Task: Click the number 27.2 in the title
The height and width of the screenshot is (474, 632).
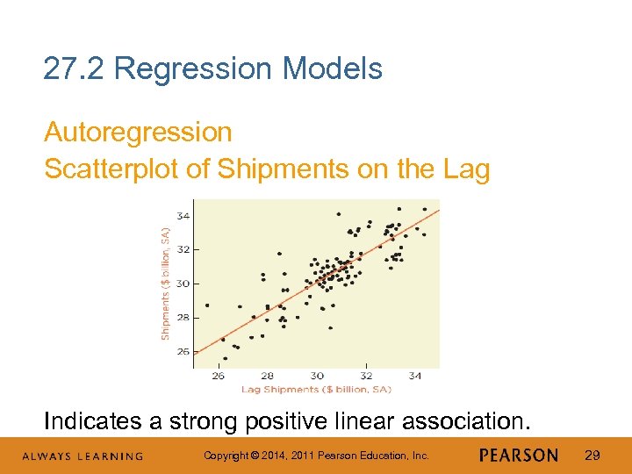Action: click(75, 68)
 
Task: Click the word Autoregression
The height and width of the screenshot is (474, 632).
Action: click(138, 133)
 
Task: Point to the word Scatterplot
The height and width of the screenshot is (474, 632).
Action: click(111, 169)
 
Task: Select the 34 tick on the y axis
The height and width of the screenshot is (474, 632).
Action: click(183, 215)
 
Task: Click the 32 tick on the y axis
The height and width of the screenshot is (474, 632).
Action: click(183, 249)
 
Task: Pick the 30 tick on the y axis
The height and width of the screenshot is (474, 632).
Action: click(183, 284)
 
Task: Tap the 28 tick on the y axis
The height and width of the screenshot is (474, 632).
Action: click(183, 318)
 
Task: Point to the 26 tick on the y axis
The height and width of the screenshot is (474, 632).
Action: click(183, 352)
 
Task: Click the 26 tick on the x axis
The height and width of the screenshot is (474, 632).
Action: click(218, 376)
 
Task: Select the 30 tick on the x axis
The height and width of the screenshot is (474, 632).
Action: click(317, 376)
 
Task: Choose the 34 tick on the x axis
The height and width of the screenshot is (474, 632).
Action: click(415, 376)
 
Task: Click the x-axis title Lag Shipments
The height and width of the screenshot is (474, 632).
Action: click(316, 389)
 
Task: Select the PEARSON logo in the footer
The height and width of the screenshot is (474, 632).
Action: click(519, 456)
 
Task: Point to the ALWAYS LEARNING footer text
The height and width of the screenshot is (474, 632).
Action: click(83, 456)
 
